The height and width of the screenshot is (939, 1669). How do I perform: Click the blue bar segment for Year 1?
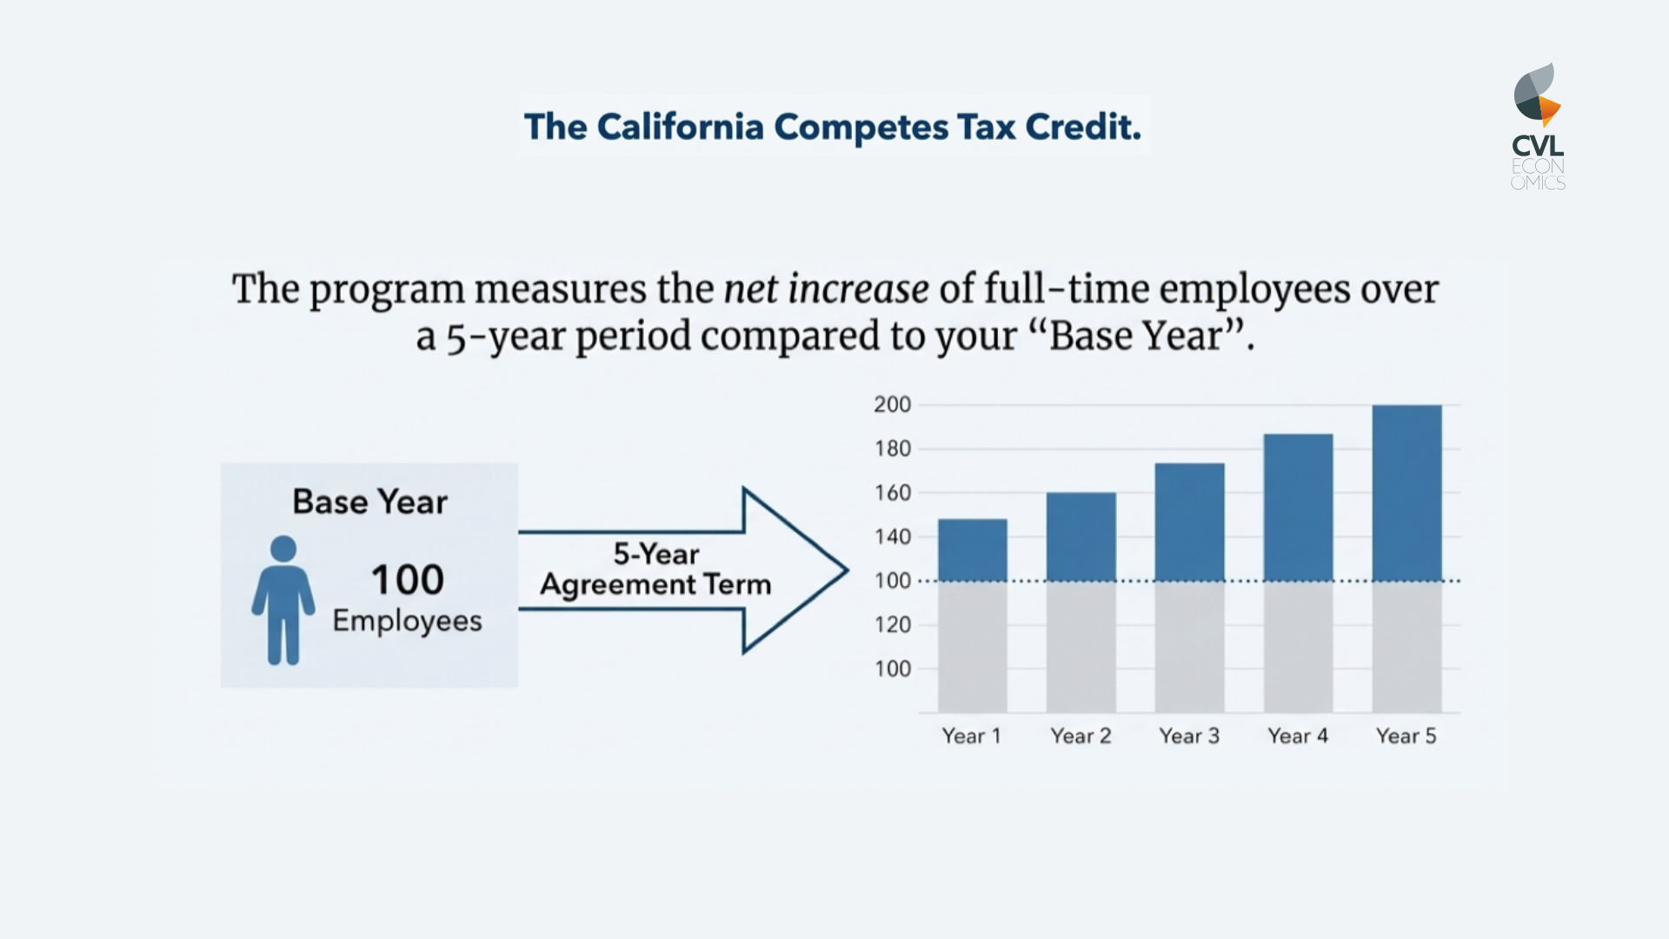(973, 549)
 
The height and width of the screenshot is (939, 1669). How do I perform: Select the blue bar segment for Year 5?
(1406, 492)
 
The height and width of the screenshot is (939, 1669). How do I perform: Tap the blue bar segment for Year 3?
(1189, 522)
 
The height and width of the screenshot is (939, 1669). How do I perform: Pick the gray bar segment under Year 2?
(1081, 647)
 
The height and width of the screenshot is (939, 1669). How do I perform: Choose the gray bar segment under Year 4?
(1298, 647)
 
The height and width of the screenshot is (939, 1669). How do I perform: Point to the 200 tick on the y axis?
(893, 404)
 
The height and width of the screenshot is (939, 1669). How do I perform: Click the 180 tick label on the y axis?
(893, 449)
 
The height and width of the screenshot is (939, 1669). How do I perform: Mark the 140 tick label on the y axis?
(893, 536)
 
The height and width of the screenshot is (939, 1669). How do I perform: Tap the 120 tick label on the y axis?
(893, 624)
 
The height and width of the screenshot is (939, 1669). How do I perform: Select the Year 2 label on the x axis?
(1081, 736)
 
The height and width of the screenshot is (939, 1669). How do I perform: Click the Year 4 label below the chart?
(1298, 736)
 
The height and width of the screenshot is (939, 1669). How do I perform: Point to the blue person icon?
(283, 600)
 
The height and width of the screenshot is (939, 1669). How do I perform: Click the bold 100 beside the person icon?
(408, 580)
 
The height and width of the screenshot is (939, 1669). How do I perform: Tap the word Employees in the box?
(407, 621)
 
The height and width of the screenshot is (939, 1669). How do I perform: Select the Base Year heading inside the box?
(369, 502)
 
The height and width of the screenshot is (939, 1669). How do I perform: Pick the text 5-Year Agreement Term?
(655, 569)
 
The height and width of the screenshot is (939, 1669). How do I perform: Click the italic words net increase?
(826, 289)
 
